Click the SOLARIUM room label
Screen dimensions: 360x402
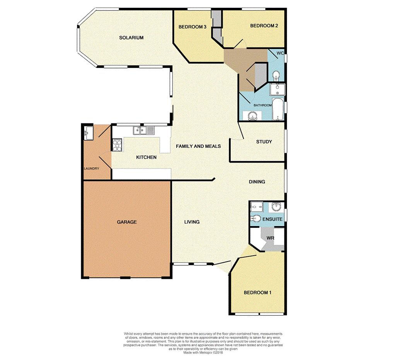click(x=131, y=37)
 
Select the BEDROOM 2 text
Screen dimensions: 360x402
click(x=264, y=26)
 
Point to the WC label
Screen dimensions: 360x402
click(x=281, y=53)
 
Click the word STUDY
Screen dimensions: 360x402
click(x=264, y=142)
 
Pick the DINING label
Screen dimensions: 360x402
click(x=257, y=181)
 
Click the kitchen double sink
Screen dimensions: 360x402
click(x=144, y=131)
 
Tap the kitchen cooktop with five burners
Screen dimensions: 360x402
click(x=117, y=145)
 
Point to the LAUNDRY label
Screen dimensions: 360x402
click(x=92, y=168)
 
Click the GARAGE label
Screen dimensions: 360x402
click(x=127, y=222)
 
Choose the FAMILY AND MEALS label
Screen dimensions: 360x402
click(x=198, y=146)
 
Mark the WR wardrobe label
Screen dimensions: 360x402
click(x=270, y=238)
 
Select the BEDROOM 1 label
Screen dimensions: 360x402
click(x=257, y=293)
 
